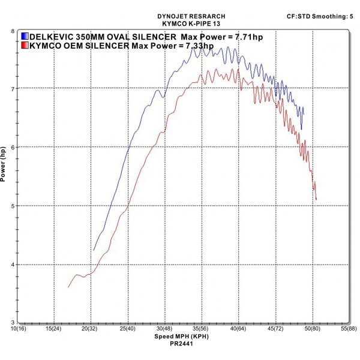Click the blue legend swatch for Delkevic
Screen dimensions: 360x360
[x=25, y=36]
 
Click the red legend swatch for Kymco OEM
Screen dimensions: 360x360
[x=25, y=46]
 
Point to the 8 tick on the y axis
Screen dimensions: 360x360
[x=13, y=30]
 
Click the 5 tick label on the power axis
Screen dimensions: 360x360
[x=13, y=206]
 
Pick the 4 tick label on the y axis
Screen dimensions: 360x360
[x=13, y=265]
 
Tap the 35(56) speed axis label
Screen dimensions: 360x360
[x=201, y=329]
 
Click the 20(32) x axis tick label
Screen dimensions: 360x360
[x=91, y=329]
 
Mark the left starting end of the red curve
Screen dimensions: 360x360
[x=68, y=287]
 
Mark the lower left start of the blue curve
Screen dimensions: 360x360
[x=94, y=250]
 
